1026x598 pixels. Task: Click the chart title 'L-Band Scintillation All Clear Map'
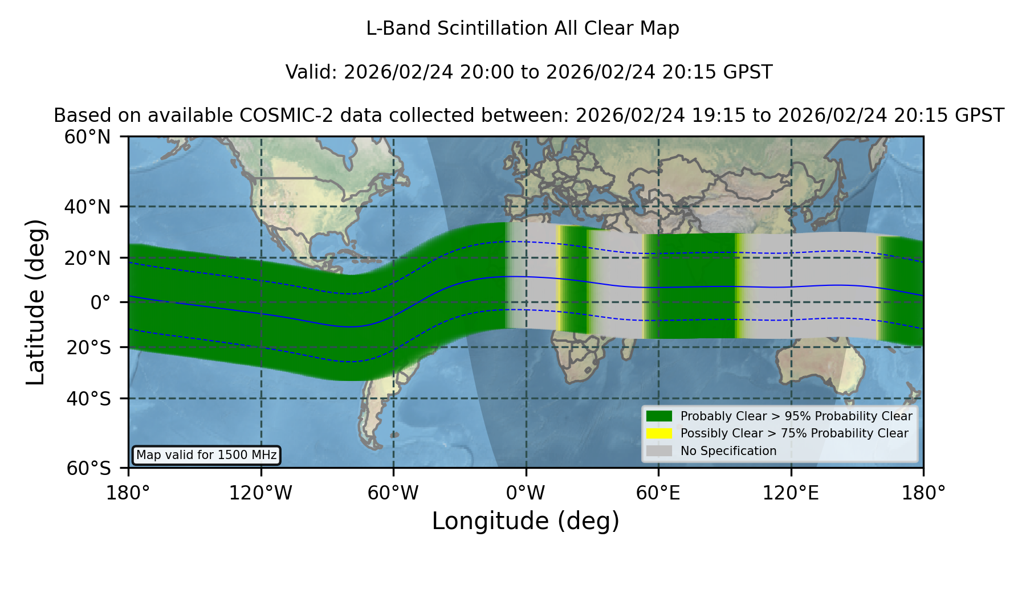click(522, 28)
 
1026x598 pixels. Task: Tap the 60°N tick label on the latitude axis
click(87, 137)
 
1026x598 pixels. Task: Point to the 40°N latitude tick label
click(87, 207)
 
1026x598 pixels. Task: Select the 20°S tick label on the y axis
click(88, 347)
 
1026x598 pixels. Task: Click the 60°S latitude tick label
click(88, 468)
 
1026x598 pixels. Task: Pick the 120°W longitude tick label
click(260, 493)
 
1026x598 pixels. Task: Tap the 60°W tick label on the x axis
click(393, 493)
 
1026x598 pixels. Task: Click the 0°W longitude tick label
click(526, 493)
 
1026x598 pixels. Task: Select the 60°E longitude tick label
click(658, 493)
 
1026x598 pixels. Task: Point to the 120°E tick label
click(791, 493)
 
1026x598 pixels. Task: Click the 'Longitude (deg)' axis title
click(526, 521)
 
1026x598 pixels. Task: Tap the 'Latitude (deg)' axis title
click(36, 302)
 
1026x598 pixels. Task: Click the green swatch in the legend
click(659, 416)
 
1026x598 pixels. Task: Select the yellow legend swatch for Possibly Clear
click(659, 433)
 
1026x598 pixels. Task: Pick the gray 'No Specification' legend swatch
click(659, 451)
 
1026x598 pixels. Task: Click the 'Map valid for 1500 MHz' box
click(206, 455)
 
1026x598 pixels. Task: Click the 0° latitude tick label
click(100, 302)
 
